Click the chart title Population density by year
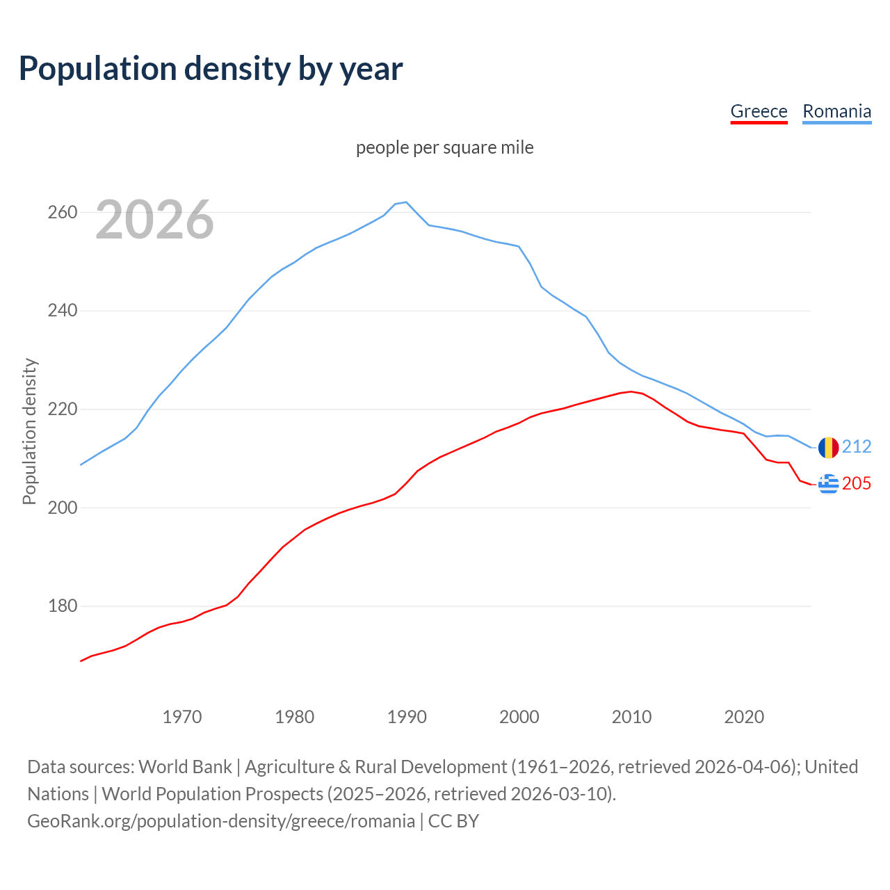(211, 69)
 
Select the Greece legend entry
(759, 111)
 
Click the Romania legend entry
(836, 111)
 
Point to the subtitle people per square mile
(444, 147)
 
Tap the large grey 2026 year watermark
(154, 220)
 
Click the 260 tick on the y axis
(62, 212)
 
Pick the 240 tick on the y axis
(62, 311)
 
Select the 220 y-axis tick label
(62, 410)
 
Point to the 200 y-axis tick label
(62, 508)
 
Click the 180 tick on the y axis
(62, 606)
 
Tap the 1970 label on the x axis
(182, 716)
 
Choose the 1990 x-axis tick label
(407, 716)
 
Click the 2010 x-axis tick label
(631, 716)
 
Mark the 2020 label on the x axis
(744, 716)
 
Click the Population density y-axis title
(29, 431)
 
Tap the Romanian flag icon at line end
(828, 447)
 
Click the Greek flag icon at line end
(828, 483)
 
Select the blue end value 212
(857, 446)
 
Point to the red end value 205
(857, 483)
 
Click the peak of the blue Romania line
(406, 202)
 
